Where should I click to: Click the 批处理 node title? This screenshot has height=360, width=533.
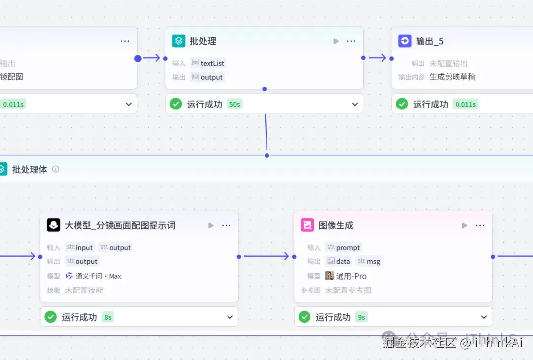[203, 41]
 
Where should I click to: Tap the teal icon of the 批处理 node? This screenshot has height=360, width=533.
[178, 41]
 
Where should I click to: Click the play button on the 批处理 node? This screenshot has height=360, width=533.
[336, 41]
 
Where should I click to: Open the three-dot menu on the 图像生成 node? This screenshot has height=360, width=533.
[480, 225]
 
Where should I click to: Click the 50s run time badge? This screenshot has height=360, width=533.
[234, 104]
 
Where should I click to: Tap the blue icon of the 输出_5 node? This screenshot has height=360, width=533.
[405, 41]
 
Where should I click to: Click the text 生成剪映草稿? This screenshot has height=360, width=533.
[453, 77]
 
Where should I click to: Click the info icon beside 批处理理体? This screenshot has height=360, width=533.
[56, 169]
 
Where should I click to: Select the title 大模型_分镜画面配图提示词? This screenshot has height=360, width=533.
[120, 225]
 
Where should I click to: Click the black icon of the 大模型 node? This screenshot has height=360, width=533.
[54, 225]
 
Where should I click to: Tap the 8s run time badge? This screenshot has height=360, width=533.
[108, 317]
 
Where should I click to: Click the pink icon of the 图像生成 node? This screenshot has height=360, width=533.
[307, 225]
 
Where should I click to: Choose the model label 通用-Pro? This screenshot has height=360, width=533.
[351, 276]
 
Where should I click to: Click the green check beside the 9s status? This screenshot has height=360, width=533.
[305, 317]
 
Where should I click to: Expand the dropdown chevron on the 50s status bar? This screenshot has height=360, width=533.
[355, 104]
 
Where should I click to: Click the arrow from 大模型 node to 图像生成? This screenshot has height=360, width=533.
[266, 256]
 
